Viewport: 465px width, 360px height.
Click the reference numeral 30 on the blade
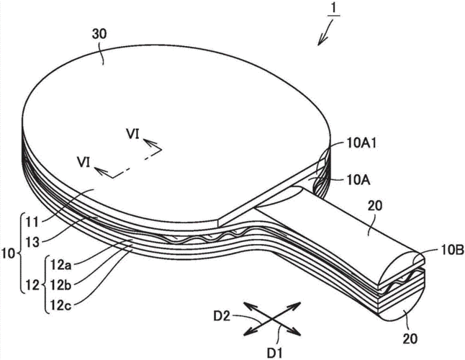click(x=99, y=35)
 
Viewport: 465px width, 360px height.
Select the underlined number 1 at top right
click(x=333, y=9)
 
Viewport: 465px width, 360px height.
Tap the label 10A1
click(x=361, y=143)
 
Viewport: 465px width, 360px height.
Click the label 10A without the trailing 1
click(x=358, y=180)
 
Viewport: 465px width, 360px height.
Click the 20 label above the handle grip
click(x=375, y=205)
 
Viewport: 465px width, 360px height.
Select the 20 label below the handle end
click(x=410, y=338)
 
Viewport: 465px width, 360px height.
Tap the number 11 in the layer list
click(x=32, y=222)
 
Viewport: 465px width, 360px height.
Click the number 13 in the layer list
click(x=32, y=242)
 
